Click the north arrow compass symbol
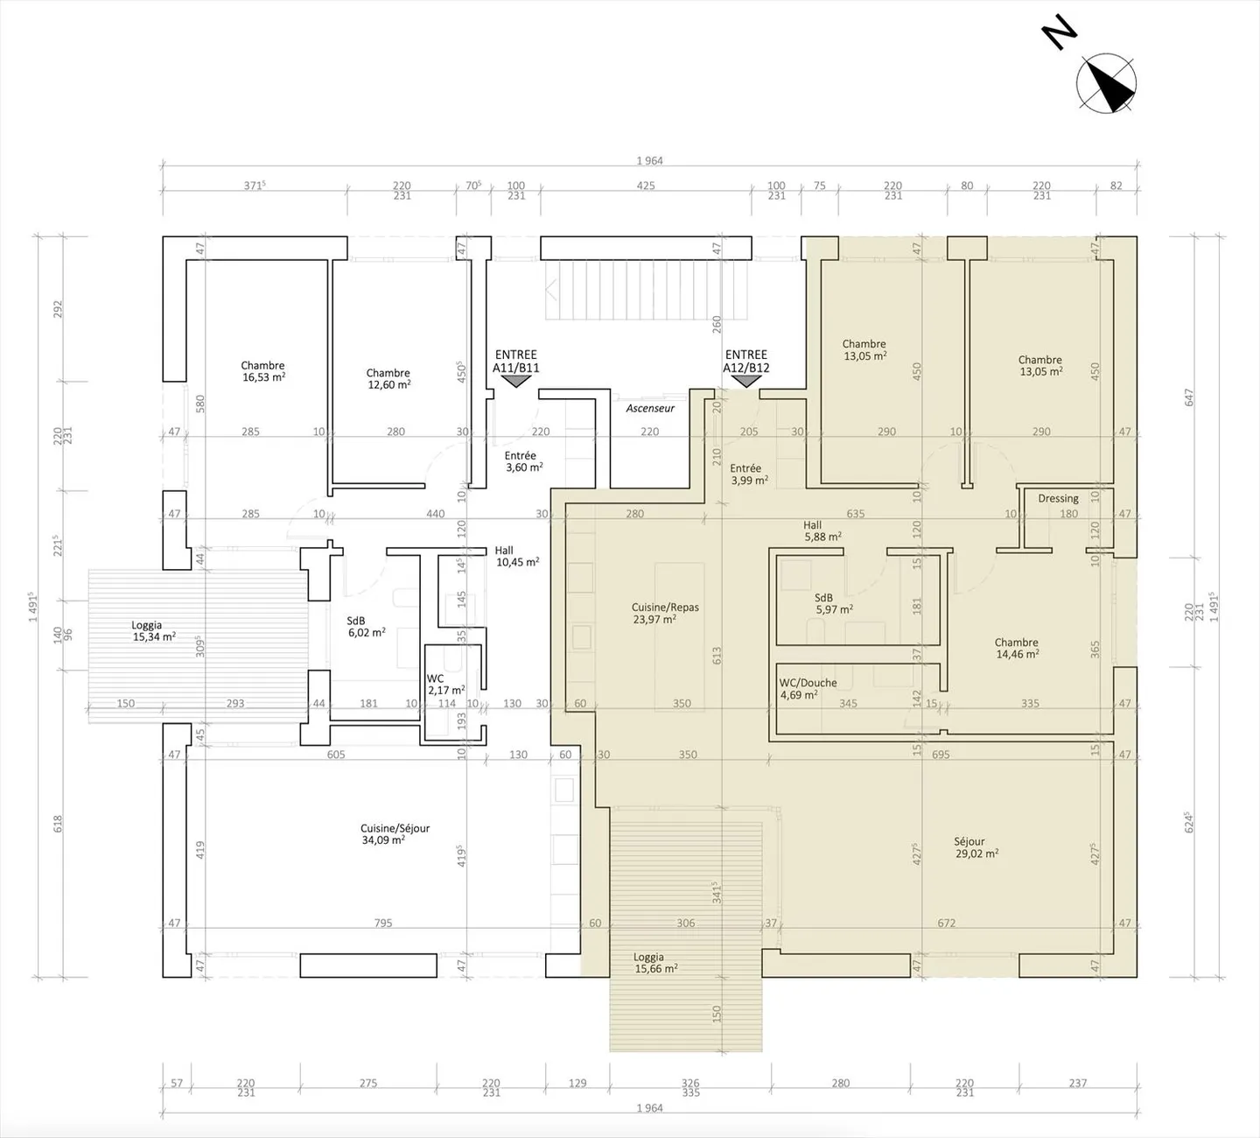(x=1106, y=83)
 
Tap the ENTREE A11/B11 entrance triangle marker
(x=515, y=381)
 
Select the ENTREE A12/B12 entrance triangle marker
(x=746, y=381)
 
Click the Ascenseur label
(x=650, y=409)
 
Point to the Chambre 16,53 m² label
(x=263, y=371)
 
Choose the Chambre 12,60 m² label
(x=388, y=379)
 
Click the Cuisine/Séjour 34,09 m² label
(x=395, y=834)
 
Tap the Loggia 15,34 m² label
(x=153, y=631)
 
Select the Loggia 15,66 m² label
(x=655, y=963)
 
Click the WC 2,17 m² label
(x=445, y=685)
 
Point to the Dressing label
(x=1059, y=498)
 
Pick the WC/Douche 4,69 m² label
(x=808, y=689)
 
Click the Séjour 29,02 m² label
(x=976, y=847)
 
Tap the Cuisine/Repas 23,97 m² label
(x=664, y=614)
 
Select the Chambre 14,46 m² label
(x=1017, y=648)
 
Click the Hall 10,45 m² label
(x=517, y=556)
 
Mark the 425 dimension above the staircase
(x=646, y=186)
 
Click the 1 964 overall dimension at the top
(x=649, y=161)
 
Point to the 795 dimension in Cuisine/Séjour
(x=383, y=924)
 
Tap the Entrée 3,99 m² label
(x=749, y=474)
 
